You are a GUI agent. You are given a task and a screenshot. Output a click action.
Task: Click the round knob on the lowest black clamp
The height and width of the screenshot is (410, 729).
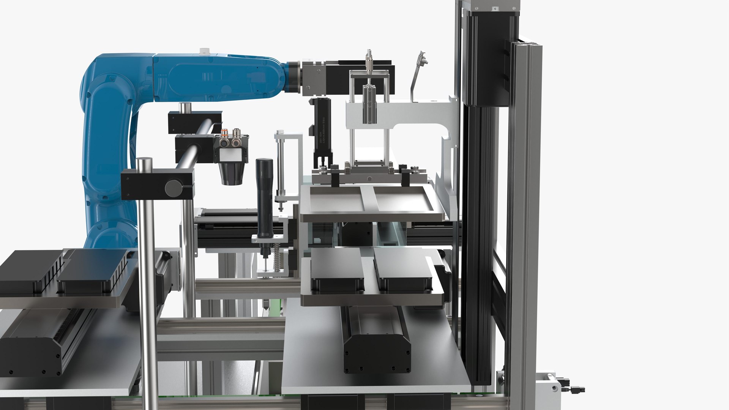(x=172, y=187)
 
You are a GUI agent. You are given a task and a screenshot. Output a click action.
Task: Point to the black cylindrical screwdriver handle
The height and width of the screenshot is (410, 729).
(x=264, y=197)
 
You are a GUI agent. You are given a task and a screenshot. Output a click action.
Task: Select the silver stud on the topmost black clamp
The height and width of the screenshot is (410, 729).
(x=186, y=108)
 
